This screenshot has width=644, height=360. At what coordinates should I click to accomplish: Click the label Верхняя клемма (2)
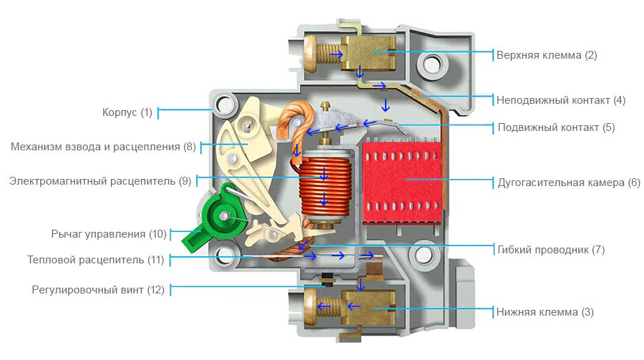[x=547, y=54]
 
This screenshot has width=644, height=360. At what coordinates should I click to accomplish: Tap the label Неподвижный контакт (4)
[x=561, y=100]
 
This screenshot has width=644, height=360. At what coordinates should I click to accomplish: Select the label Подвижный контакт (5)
[x=556, y=128]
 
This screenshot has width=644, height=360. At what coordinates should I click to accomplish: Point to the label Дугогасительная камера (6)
[x=569, y=182]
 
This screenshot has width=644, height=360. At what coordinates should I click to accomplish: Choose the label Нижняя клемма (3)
[x=545, y=312]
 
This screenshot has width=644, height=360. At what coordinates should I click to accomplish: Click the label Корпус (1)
[x=127, y=112]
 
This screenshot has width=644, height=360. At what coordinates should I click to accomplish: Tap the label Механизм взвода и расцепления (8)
[x=103, y=147]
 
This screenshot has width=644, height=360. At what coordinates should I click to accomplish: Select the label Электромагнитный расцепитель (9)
[x=100, y=181]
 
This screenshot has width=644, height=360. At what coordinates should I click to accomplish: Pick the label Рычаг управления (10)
[x=109, y=234]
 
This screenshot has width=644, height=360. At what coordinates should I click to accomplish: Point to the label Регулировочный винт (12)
[x=98, y=290]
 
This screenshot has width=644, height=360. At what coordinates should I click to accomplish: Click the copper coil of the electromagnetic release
[x=323, y=186]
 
